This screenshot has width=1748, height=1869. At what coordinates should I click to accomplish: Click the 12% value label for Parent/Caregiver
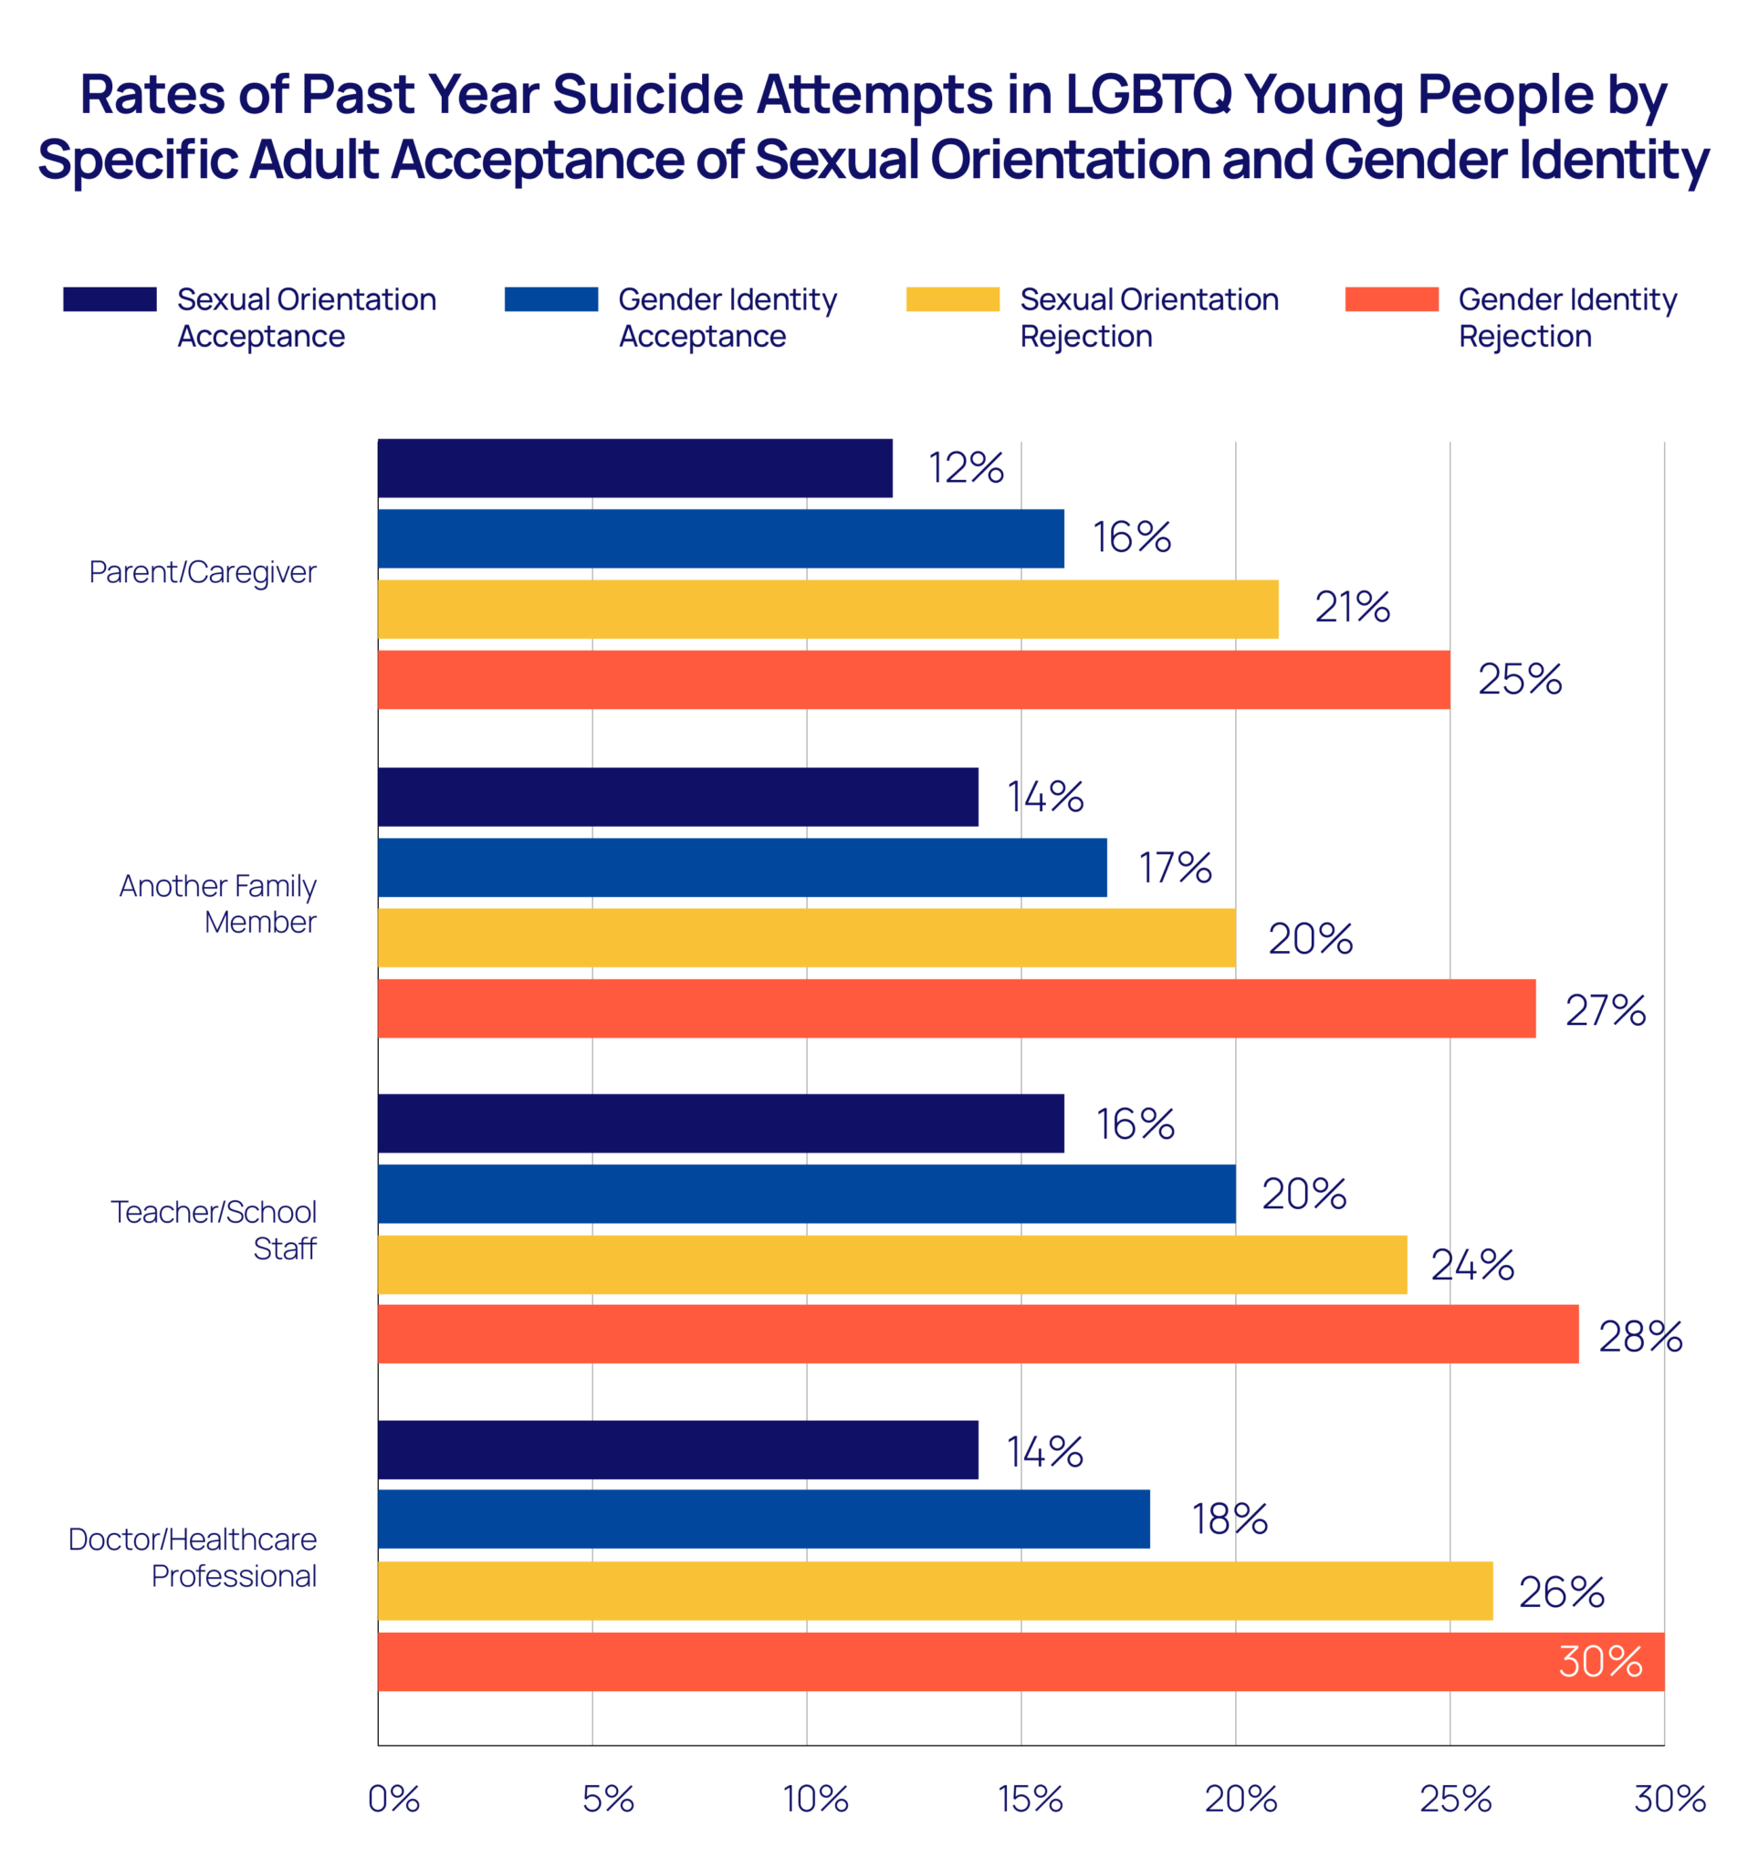point(966,468)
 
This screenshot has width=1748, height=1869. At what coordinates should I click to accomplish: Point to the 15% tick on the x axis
point(1030,1799)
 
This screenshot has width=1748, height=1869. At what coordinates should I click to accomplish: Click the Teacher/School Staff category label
point(215,1229)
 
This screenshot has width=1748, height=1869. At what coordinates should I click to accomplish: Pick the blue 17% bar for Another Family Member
point(742,867)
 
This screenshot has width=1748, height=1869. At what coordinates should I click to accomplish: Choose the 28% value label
point(1640,1336)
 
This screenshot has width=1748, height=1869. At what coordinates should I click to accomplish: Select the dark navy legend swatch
point(110,299)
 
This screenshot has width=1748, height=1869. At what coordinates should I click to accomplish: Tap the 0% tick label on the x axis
point(393,1799)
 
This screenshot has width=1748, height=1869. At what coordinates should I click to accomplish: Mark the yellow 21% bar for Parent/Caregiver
point(828,610)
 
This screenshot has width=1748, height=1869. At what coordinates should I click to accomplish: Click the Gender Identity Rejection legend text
point(1566,318)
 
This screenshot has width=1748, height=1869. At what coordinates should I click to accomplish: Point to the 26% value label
point(1561,1592)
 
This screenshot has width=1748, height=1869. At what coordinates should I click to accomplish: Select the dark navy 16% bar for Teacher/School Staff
point(720,1123)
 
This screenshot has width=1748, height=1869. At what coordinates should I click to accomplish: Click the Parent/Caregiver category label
point(204,571)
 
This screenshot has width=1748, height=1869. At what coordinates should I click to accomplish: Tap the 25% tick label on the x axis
point(1455,1799)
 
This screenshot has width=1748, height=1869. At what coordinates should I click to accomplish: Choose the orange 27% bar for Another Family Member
point(957,1008)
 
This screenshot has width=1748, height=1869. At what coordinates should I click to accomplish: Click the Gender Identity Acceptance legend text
point(727,318)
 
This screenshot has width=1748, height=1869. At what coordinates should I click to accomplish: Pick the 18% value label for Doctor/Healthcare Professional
point(1230,1519)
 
